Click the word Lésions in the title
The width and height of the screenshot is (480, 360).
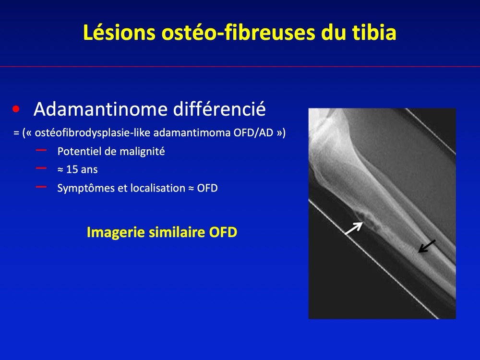pos(119,33)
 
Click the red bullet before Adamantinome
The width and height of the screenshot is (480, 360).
pos(16,109)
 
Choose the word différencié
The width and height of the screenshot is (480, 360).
pos(219,109)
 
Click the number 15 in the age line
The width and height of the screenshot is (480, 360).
pos(72,169)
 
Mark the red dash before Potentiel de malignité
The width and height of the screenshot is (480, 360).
pos(41,150)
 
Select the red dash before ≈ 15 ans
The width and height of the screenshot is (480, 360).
pos(41,168)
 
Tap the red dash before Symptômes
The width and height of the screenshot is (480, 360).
pos(41,187)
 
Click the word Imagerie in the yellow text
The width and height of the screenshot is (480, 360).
pos(115,232)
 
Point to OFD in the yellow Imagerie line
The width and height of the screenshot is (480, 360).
pos(223,232)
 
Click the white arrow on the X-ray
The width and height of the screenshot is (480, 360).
pos(354,228)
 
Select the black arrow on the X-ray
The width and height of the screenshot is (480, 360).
pos(427,246)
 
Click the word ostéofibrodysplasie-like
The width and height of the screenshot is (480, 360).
pos(93,133)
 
